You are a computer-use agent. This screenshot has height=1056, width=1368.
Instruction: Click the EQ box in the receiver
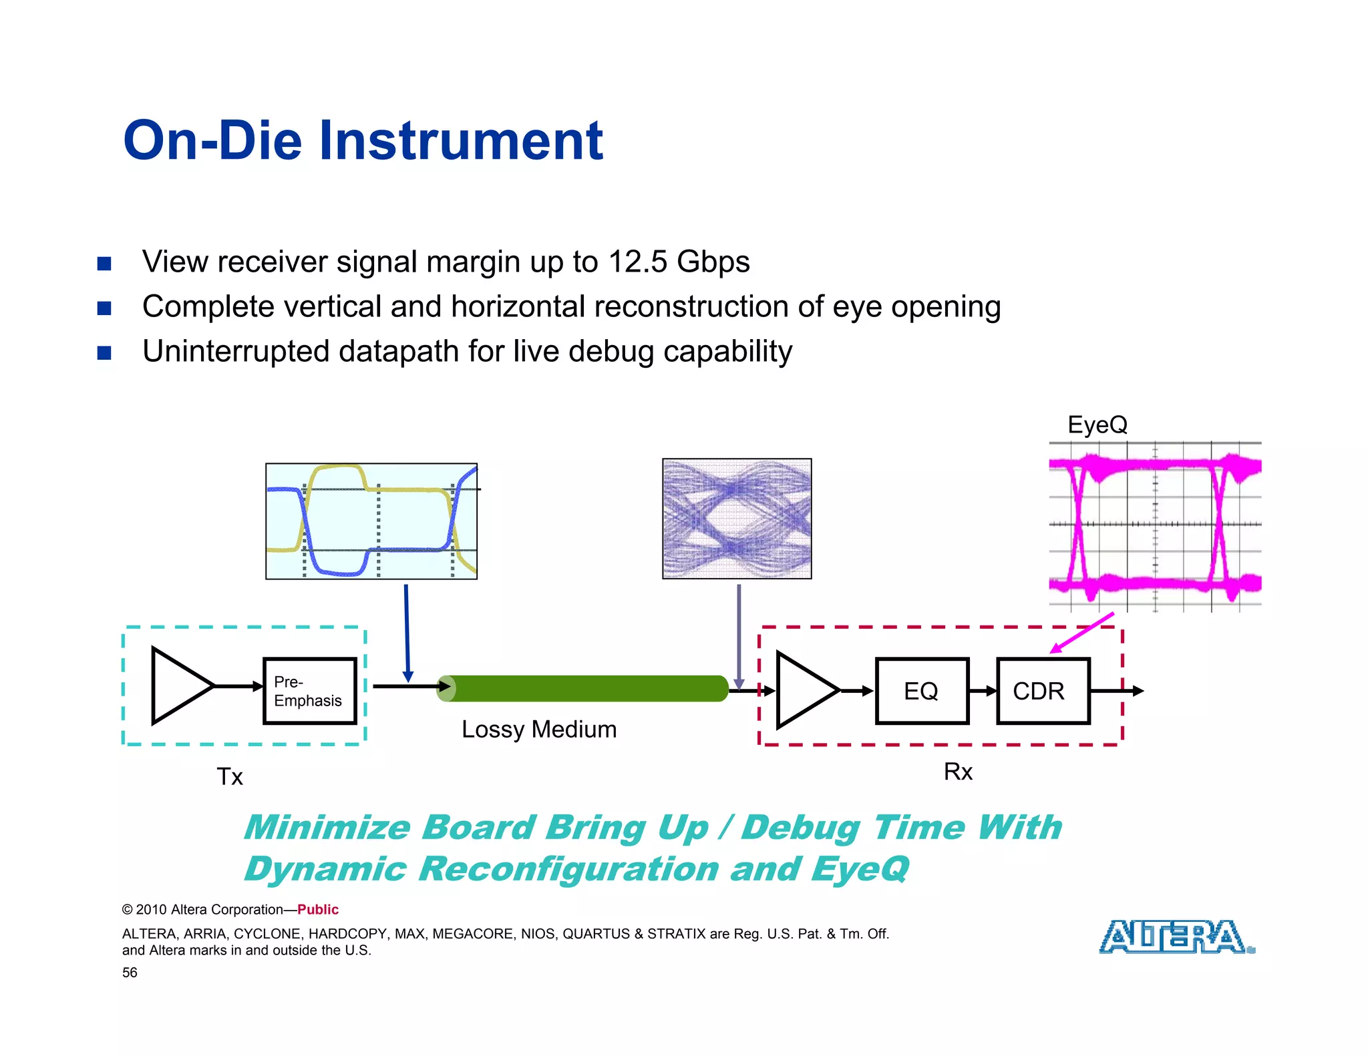921,691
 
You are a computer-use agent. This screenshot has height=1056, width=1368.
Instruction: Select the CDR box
1042,691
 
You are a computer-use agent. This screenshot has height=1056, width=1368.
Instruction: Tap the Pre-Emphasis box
309,691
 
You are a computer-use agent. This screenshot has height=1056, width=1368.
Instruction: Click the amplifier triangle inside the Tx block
178,686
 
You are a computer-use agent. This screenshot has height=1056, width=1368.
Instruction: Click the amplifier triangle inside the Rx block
804,690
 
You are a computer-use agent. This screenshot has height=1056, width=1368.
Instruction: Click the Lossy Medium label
538,729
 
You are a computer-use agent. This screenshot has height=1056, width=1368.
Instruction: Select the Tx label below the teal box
230,777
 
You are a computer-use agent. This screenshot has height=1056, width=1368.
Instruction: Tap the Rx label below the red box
958,772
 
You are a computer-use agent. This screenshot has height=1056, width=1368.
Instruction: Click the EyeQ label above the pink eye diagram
1097,425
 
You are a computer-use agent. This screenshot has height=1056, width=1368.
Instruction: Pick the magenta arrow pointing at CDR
1082,632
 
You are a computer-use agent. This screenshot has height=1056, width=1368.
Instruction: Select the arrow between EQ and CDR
983,691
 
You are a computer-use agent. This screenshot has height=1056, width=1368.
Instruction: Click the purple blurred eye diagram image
737,519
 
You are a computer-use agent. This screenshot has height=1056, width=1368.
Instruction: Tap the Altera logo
1176,937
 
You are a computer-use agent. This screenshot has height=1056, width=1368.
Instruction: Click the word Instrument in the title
461,141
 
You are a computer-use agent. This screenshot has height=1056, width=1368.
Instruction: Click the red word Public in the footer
318,909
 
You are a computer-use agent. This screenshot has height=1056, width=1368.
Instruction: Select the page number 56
130,973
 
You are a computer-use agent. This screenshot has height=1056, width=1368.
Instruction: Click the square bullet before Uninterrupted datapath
104,352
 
